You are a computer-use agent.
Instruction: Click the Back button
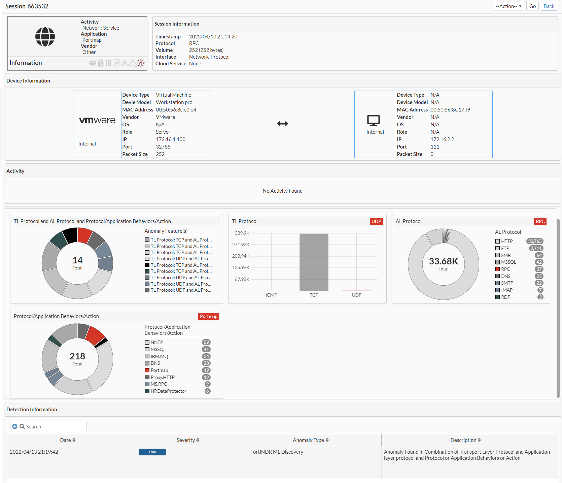coord(549,6)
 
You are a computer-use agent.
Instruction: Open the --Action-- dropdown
coord(508,6)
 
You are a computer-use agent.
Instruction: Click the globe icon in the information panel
coord(45,37)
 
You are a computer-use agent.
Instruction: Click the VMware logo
coord(97,120)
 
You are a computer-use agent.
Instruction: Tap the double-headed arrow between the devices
coord(283,124)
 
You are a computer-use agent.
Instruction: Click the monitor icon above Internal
coord(374,120)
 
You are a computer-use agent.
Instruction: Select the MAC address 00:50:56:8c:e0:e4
coord(176,110)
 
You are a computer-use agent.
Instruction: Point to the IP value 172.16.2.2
coord(442,139)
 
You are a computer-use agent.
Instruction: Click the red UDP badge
coord(376,221)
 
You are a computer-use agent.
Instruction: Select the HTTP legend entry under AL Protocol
coord(506,241)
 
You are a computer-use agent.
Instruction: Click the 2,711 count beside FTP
coord(536,248)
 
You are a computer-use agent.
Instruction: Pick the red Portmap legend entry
coord(159,370)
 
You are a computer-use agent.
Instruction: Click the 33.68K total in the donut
coord(444,261)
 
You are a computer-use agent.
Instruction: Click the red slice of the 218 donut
coord(95,335)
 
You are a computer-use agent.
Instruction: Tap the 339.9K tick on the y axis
coord(242,233)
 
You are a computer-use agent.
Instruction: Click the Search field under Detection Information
coord(54,426)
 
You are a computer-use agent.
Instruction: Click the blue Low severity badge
coord(152,452)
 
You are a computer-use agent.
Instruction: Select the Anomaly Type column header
coord(308,440)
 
